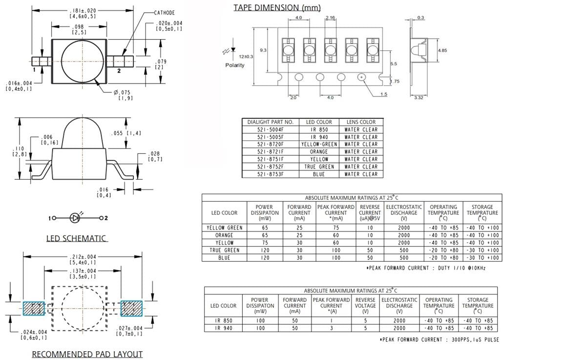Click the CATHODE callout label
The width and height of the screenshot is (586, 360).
click(x=164, y=13)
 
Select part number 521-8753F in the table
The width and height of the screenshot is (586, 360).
click(x=270, y=174)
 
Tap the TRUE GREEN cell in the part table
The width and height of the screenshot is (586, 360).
click(x=319, y=167)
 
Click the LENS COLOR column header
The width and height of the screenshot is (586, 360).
click(x=361, y=122)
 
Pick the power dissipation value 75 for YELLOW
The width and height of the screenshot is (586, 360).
click(x=264, y=243)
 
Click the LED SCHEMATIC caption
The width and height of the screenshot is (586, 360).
click(x=76, y=238)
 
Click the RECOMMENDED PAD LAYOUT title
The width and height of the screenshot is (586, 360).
click(x=87, y=354)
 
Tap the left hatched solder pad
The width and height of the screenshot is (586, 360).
click(x=34, y=308)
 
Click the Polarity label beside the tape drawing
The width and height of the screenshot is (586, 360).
click(x=235, y=65)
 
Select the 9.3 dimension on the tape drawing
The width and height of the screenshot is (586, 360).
click(x=263, y=50)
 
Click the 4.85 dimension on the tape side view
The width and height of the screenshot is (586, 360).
click(x=442, y=50)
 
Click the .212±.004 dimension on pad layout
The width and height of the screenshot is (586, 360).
click(x=82, y=256)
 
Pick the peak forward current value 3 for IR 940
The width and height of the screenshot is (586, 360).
click(x=331, y=328)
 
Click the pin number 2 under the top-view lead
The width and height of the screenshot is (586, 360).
click(x=119, y=71)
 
